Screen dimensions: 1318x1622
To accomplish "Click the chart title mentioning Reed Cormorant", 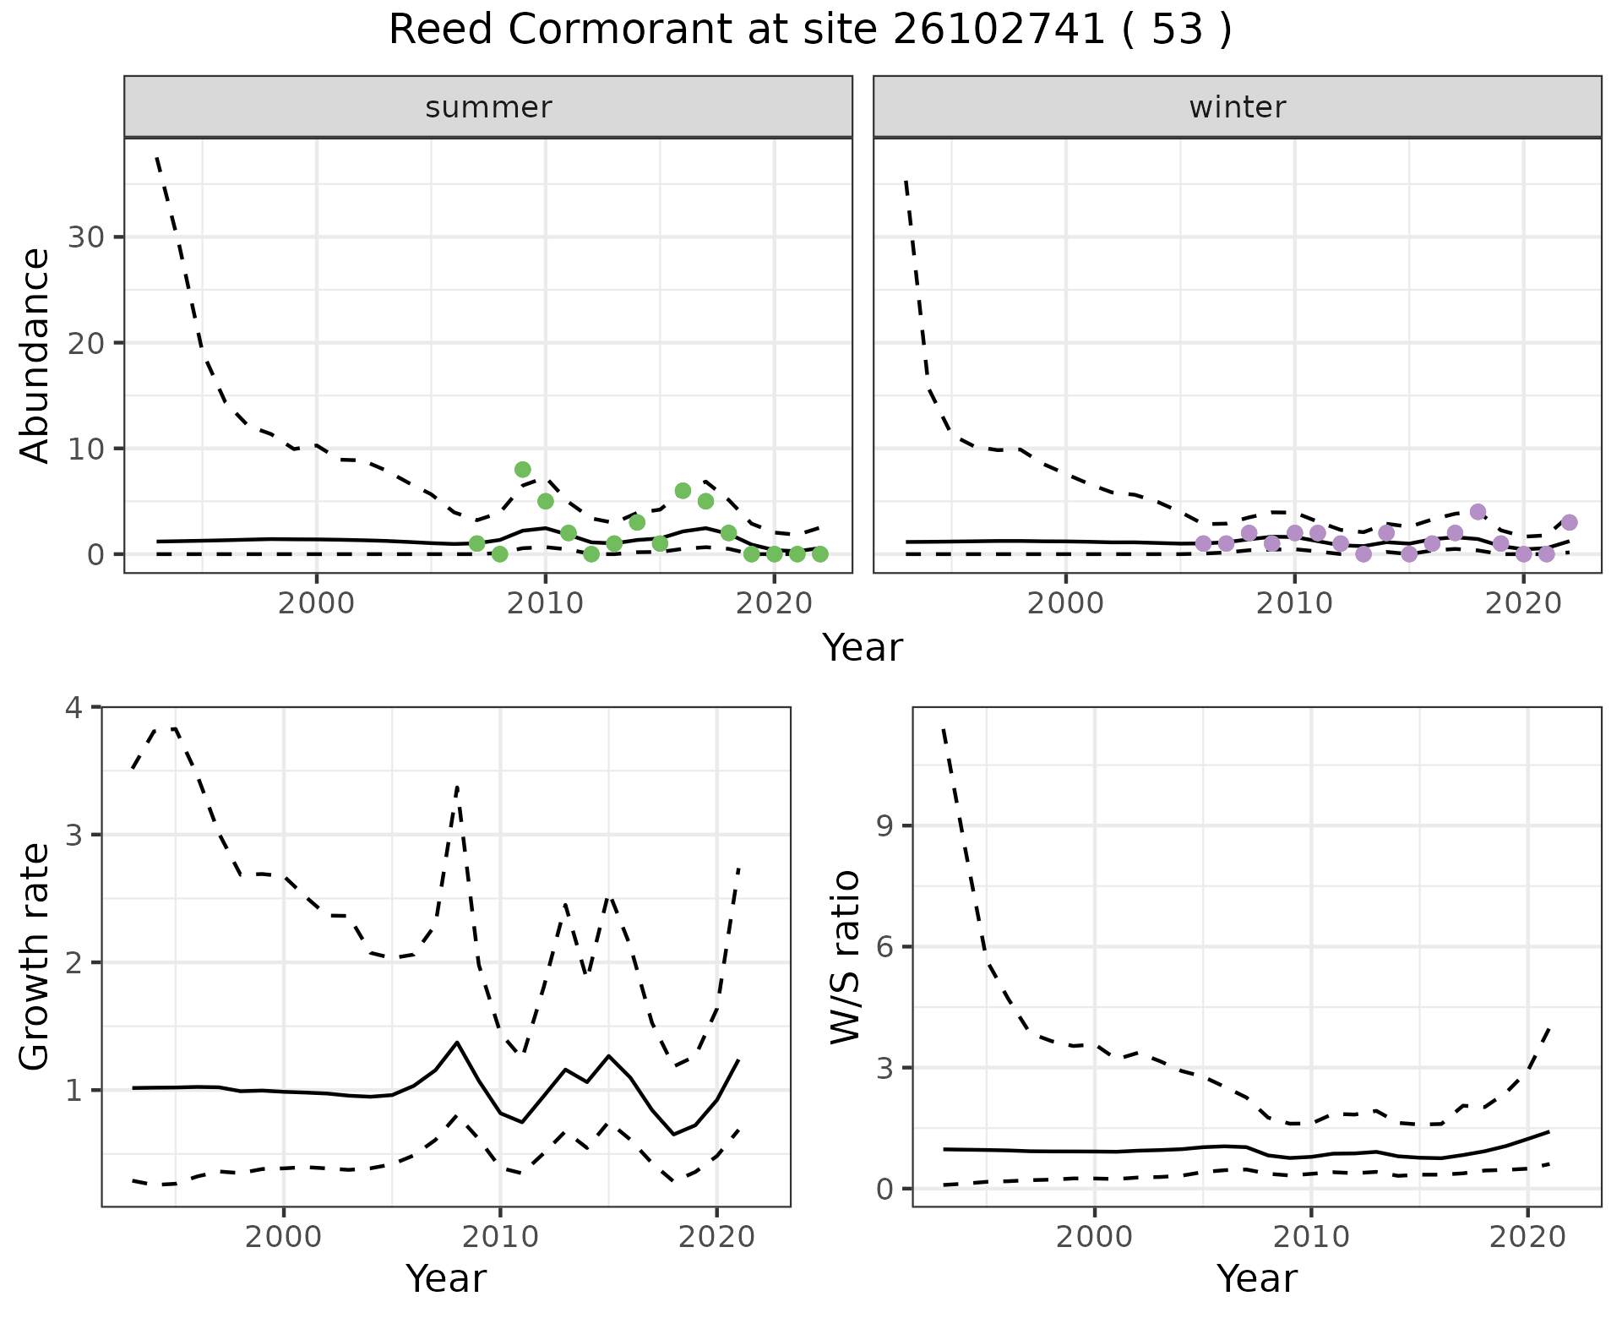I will pos(809,30).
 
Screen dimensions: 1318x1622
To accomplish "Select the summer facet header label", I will pos(488,107).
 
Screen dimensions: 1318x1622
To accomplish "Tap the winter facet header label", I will pos(1237,107).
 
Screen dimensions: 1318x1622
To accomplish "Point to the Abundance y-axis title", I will pos(35,356).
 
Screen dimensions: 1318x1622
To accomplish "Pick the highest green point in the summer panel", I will pos(522,470).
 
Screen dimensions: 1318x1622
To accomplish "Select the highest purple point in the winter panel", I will pos(1478,512).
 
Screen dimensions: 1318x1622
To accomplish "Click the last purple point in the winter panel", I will pos(1569,522).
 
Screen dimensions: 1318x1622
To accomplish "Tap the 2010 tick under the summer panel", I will pos(545,604).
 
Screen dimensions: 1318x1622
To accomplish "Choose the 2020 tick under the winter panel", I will pos(1523,604).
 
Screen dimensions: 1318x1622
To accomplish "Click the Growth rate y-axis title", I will pos(35,956).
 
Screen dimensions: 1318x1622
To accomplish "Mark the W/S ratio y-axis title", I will pos(845,956).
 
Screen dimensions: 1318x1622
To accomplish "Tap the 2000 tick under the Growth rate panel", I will pos(283,1238).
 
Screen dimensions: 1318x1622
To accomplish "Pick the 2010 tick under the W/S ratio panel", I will pos(1311,1238).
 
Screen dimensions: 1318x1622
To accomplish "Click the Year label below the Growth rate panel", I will pos(446,1278).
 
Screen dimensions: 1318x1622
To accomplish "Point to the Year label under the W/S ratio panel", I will pos(1257,1278).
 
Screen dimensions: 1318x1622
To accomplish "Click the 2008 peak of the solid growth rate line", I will pos(457,1043).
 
